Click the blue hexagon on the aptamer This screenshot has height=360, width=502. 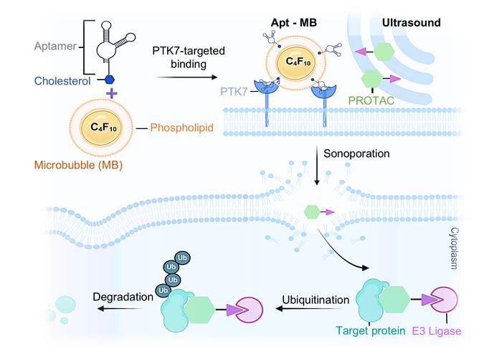[110, 81]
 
